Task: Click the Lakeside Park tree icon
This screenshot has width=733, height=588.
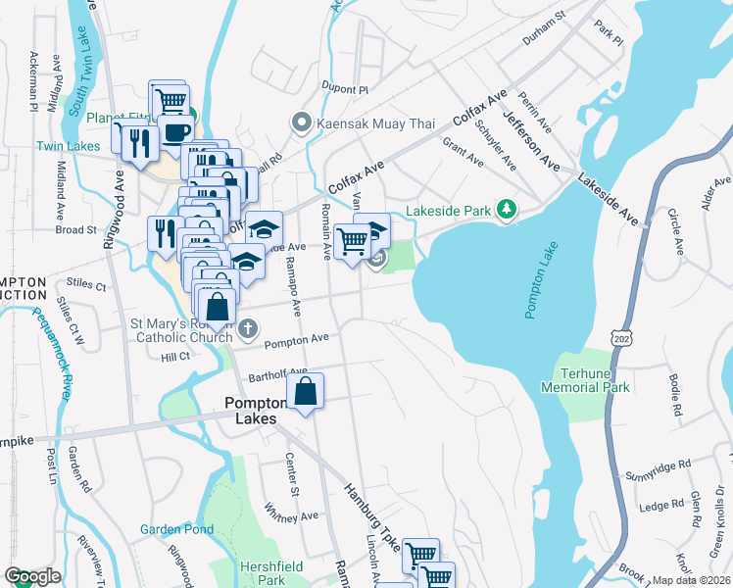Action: pos(507,209)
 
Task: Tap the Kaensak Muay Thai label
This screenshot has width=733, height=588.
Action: pos(359,123)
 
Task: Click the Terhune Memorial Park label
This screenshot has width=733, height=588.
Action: pos(585,380)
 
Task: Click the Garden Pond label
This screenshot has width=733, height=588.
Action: pos(176,529)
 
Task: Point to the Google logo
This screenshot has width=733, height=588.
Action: pos(32,576)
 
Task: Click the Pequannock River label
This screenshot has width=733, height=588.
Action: pos(52,343)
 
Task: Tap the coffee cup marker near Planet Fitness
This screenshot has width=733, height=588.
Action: pos(176,132)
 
